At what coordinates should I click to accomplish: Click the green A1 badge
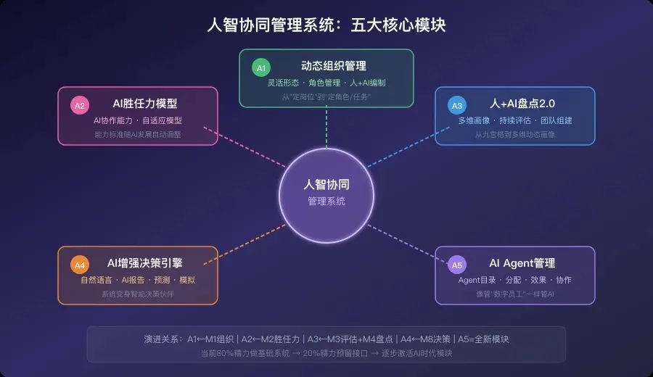(260, 68)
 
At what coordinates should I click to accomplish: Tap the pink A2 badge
(79, 106)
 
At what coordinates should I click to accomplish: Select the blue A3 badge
(456, 106)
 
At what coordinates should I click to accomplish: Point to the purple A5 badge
(456, 265)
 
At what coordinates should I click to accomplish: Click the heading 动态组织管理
(334, 66)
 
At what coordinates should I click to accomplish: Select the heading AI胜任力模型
(145, 104)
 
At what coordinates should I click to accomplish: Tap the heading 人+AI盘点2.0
(522, 104)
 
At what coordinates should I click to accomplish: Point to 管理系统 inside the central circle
(326, 202)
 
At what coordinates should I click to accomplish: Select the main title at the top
(326, 25)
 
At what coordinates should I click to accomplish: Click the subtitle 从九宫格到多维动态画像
(515, 134)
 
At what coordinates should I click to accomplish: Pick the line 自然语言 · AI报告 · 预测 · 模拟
(138, 280)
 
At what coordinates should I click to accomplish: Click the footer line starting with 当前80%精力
(326, 353)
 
